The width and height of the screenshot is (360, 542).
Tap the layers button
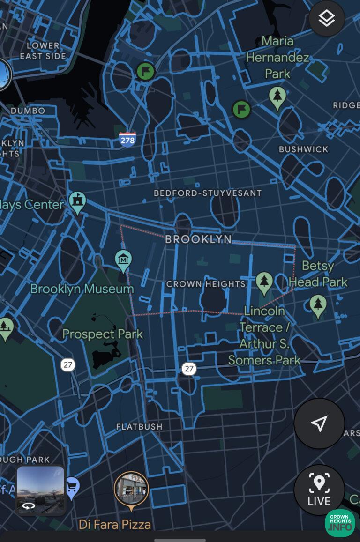tap(327, 19)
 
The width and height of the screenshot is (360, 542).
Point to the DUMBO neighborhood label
tap(28, 111)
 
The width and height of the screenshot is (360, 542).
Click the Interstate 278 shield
tap(127, 140)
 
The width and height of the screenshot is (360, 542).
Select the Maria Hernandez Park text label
tap(277, 57)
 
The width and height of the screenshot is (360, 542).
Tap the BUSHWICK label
tap(303, 149)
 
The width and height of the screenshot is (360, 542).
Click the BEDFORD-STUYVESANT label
tap(208, 193)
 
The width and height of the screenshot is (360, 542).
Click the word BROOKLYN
tap(198, 239)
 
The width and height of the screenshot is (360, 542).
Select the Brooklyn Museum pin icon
tap(123, 259)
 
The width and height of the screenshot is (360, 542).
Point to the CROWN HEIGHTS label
tap(206, 284)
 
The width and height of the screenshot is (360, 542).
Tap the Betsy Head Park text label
tap(318, 274)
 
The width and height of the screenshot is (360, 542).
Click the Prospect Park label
tap(103, 334)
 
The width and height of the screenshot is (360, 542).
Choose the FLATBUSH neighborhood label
tap(139, 427)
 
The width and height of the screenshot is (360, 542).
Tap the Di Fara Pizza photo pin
tap(131, 490)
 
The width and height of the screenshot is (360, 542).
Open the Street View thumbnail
tap(40, 490)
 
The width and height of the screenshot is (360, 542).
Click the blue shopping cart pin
tap(72, 487)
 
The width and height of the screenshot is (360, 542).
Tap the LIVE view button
tap(319, 489)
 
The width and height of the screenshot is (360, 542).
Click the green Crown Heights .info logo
tap(340, 523)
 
